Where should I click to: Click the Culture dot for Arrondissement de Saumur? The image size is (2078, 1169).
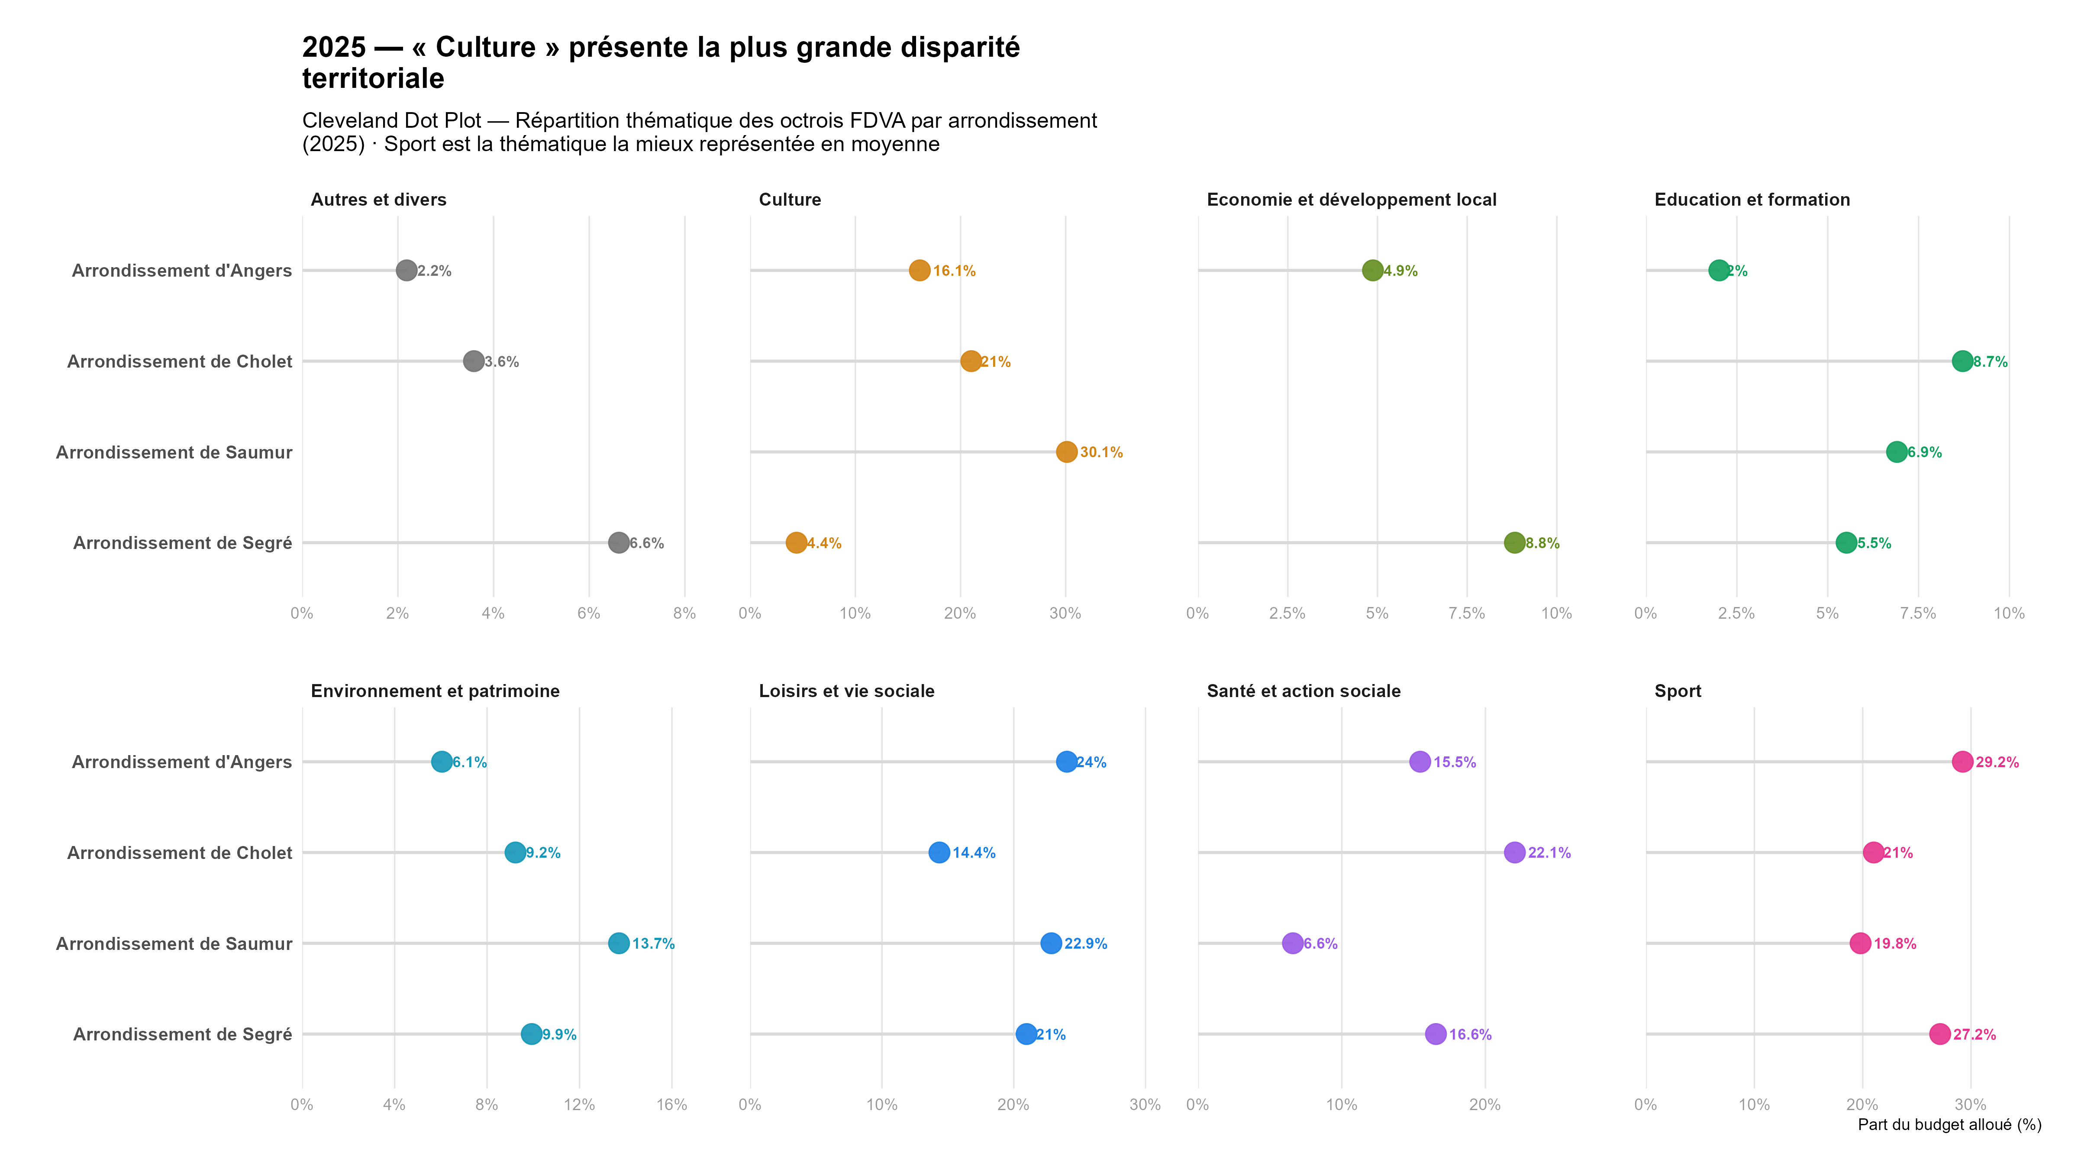click(x=1066, y=452)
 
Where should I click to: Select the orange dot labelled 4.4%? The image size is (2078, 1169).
click(x=796, y=543)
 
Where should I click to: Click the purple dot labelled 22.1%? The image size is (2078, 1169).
click(x=1515, y=853)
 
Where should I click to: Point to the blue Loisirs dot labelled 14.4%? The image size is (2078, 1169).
click(x=939, y=853)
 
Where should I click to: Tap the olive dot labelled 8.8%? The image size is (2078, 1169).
click(x=1515, y=543)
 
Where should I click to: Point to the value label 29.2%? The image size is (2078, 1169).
click(x=1997, y=762)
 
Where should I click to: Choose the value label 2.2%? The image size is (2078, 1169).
click(x=435, y=271)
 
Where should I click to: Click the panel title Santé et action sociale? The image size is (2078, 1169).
click(x=1304, y=691)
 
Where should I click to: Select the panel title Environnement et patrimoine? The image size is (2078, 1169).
click(x=435, y=691)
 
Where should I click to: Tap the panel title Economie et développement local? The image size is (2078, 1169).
click(x=1351, y=200)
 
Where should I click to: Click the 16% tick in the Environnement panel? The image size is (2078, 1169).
click(x=671, y=1104)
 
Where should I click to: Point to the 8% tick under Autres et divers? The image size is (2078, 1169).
click(x=684, y=613)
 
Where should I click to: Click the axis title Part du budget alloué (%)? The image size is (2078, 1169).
click(x=1949, y=1125)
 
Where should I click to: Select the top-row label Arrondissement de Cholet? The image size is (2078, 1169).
click(x=179, y=362)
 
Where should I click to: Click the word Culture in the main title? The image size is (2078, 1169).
click(x=486, y=48)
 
